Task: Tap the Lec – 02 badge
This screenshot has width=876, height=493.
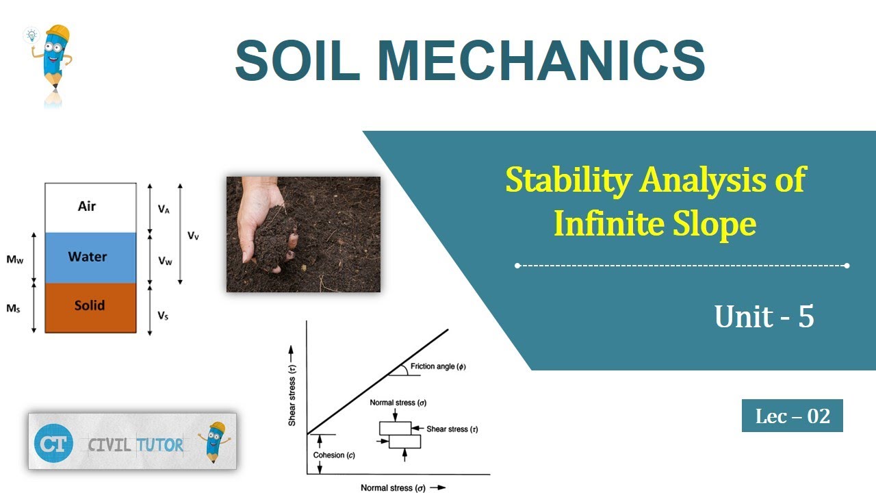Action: [x=792, y=416]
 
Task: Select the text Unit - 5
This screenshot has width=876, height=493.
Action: [x=764, y=316]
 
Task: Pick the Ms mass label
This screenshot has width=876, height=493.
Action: [x=13, y=309]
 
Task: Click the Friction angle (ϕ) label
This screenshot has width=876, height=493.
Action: [x=438, y=366]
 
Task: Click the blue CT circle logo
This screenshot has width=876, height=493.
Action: [x=53, y=443]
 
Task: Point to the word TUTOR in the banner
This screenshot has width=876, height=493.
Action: [x=159, y=445]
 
